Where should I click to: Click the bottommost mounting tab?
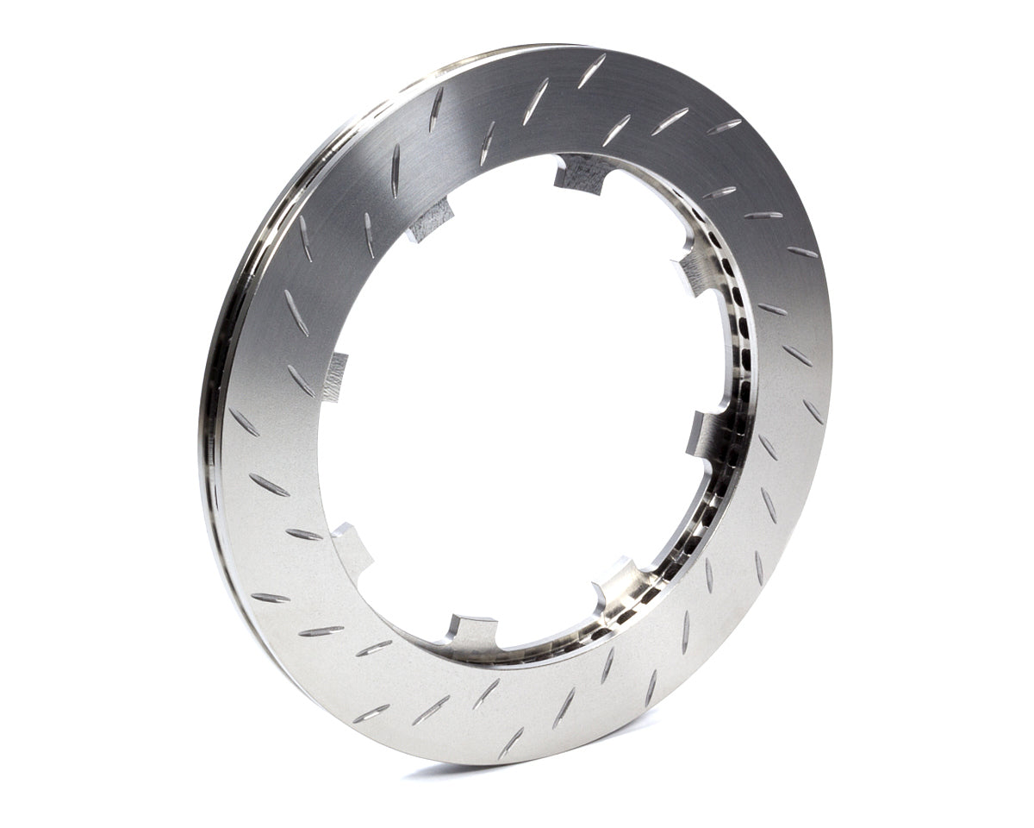[x=472, y=630]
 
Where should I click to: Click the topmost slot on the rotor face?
[x=592, y=71]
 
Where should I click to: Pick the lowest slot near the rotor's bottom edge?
[x=511, y=743]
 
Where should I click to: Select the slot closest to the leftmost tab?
[x=301, y=380]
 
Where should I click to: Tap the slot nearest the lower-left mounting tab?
[x=304, y=534]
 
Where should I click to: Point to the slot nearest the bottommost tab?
[x=486, y=693]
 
